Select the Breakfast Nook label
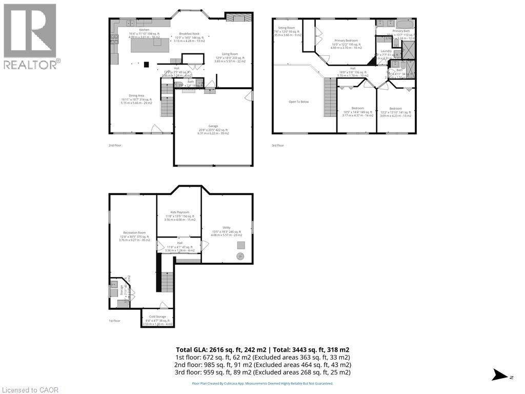(189, 33)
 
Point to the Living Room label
(230, 53)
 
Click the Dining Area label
(132, 95)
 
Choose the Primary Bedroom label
(346, 40)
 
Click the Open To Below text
(298, 102)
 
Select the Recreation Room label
(133, 232)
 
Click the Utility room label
(226, 227)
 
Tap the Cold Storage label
(157, 317)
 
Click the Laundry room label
(386, 51)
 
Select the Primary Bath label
(401, 31)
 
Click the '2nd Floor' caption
(115, 145)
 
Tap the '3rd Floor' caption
(277, 145)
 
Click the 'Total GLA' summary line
(262, 350)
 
